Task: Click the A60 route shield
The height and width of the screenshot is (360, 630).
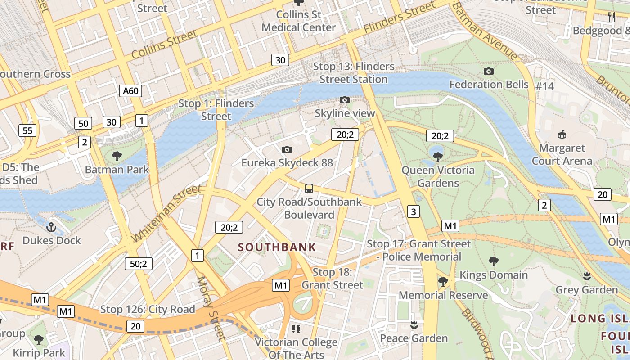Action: (x=131, y=91)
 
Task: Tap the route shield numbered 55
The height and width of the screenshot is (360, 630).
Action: (x=27, y=130)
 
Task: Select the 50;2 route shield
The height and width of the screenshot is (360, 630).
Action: (x=139, y=264)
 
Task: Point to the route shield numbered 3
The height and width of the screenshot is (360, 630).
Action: (x=413, y=211)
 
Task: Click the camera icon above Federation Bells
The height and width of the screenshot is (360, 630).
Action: (x=488, y=71)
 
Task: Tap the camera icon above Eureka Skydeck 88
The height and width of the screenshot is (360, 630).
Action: (x=287, y=149)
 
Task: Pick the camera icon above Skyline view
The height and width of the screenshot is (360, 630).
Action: (x=344, y=100)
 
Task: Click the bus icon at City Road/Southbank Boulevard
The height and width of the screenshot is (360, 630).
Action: (x=309, y=189)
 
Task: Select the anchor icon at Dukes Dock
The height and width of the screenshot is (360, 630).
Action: (x=51, y=227)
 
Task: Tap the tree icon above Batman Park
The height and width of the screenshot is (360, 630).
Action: (x=117, y=156)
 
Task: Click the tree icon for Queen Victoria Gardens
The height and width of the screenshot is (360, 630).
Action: (x=437, y=157)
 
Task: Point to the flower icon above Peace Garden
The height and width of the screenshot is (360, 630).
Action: (x=414, y=325)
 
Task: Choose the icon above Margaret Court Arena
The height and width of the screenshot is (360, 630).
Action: (x=562, y=134)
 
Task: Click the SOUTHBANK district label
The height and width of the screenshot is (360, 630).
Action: (x=277, y=247)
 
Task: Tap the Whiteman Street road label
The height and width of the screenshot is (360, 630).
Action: (x=167, y=213)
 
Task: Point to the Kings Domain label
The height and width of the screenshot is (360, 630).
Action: (x=493, y=275)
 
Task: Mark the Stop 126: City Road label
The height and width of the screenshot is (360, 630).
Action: (x=148, y=309)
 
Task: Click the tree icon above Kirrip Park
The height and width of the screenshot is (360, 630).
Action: (x=39, y=339)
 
